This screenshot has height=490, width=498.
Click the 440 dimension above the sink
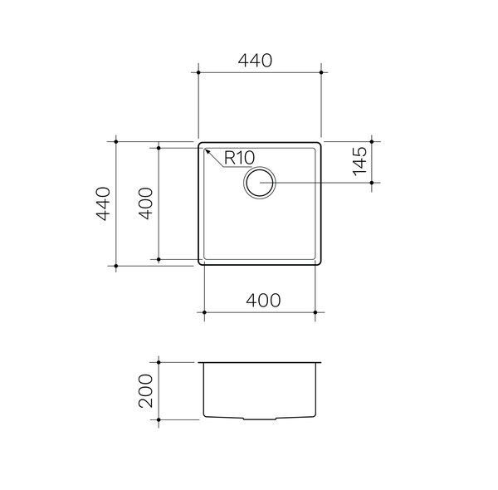click(259, 61)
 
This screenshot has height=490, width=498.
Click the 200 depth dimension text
click(145, 392)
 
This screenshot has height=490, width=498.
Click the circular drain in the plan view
click(261, 182)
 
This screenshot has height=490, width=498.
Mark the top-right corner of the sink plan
click(321, 142)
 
